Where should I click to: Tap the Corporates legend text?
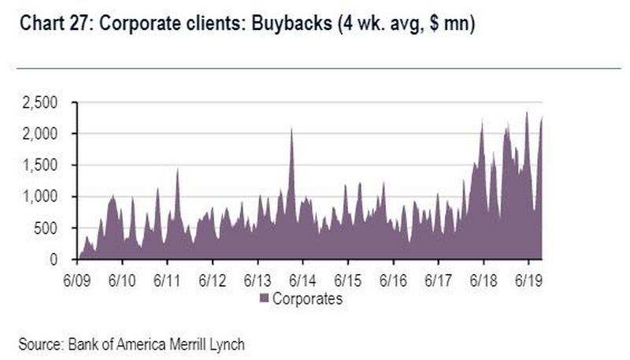306,299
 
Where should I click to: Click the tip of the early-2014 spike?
291,128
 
